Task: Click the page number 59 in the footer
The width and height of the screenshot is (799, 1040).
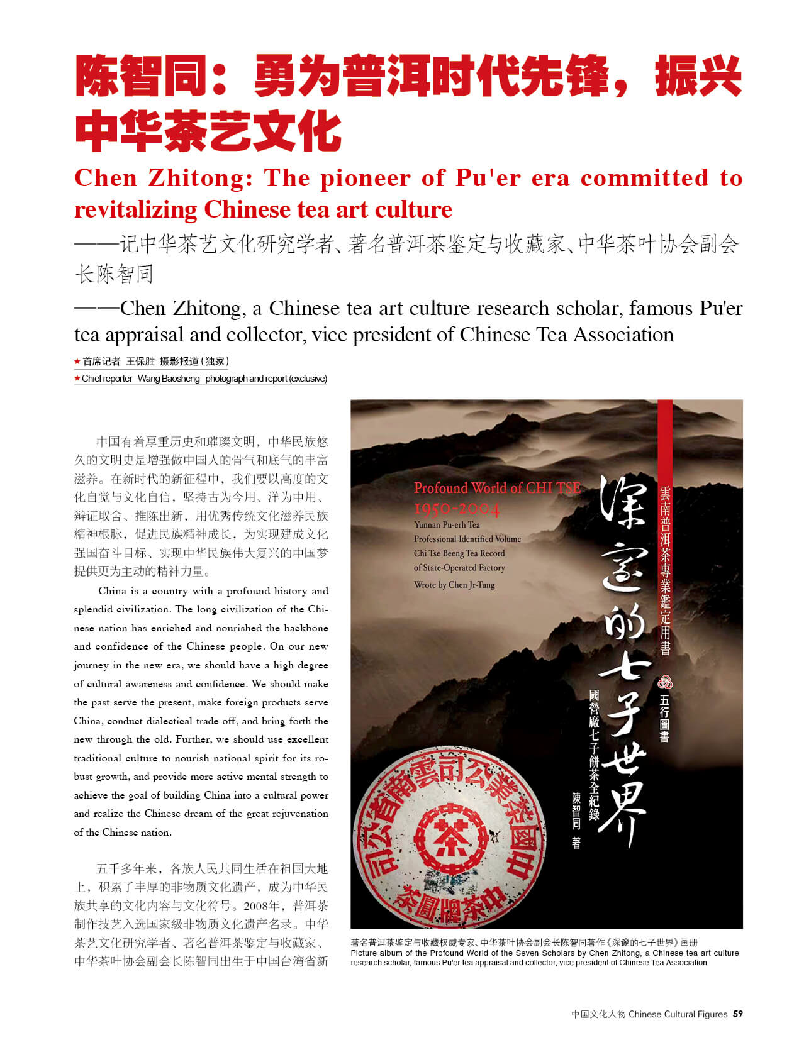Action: click(x=738, y=1014)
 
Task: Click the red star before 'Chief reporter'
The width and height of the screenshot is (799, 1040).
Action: click(x=77, y=379)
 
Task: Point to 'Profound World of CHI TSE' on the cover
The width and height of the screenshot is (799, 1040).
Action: click(x=496, y=488)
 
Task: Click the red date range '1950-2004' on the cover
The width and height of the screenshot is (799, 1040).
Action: click(x=457, y=509)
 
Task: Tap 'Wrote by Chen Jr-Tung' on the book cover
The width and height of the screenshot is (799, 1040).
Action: click(x=454, y=585)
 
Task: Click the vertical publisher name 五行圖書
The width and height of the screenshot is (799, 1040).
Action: click(x=664, y=717)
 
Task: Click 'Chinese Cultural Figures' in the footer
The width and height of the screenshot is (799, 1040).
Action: click(x=678, y=1014)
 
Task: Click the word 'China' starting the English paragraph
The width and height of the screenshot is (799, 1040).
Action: click(x=112, y=590)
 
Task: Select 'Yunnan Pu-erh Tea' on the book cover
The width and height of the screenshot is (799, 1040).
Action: click(x=447, y=524)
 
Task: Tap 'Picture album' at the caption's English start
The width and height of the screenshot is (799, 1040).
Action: click(x=377, y=953)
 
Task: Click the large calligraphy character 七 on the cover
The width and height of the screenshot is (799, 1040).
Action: click(x=623, y=672)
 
